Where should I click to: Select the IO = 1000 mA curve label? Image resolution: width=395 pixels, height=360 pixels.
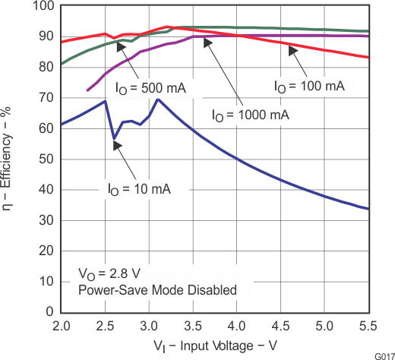point(250,115)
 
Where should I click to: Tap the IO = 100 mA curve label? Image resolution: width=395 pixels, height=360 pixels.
point(309,86)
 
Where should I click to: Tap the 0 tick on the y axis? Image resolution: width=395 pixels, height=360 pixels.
point(49,312)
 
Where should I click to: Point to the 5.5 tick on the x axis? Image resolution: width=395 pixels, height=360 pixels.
point(368,326)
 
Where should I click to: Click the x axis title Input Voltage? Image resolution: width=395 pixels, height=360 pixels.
point(214,346)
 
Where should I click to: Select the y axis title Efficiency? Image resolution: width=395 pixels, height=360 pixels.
point(10,159)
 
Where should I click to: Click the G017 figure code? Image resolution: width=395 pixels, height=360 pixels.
point(383,355)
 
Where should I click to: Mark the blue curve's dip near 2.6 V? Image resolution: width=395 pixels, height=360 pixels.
point(114,139)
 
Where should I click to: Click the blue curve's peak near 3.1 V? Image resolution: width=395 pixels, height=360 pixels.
point(157,99)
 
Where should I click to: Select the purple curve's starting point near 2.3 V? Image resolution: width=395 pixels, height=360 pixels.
point(88,90)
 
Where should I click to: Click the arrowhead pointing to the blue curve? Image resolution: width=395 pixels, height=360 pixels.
point(116,146)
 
